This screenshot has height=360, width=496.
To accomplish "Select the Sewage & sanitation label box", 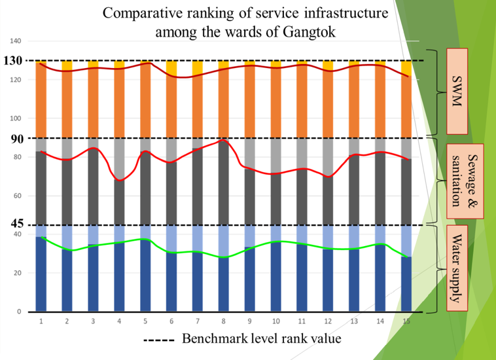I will [x=465, y=181].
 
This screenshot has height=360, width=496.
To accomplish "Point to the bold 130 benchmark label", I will [x=14, y=61].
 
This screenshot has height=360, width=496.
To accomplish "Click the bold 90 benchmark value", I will [x=17, y=138].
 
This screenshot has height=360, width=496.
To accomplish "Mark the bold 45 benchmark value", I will [x=17, y=225].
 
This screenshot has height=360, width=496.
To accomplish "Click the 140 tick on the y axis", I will [x=15, y=41].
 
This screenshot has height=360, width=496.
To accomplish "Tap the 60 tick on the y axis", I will [x=17, y=196].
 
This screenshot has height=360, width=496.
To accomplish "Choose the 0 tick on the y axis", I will [x=20, y=312].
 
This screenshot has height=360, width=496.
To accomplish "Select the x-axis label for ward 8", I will [x=224, y=321].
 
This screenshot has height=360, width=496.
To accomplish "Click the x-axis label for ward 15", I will [x=406, y=321].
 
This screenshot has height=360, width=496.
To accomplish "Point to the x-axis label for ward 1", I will [x=41, y=321].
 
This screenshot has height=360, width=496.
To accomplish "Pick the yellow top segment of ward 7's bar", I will [x=198, y=67].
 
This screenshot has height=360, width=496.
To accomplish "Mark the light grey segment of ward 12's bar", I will [x=328, y=157].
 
